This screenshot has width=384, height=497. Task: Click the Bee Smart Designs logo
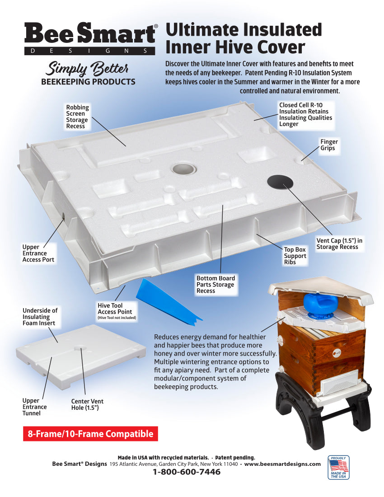(91, 39)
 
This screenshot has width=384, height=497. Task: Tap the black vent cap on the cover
(280, 181)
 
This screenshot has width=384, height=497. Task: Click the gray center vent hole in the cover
(184, 169)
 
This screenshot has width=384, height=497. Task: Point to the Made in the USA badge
(338, 467)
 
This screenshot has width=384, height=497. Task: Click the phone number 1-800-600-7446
(187, 472)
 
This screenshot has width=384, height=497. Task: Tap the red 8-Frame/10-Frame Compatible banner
(90, 434)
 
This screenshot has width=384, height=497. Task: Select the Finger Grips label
(329, 145)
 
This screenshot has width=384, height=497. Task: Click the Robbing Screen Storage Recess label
(78, 117)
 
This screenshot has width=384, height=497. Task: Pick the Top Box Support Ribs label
(295, 256)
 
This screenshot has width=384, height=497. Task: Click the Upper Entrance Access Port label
(38, 253)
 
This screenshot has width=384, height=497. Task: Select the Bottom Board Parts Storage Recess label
(215, 285)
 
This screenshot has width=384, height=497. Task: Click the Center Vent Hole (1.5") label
(87, 404)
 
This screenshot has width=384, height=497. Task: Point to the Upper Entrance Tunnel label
(34, 407)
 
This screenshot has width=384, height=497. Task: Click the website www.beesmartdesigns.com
(282, 464)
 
